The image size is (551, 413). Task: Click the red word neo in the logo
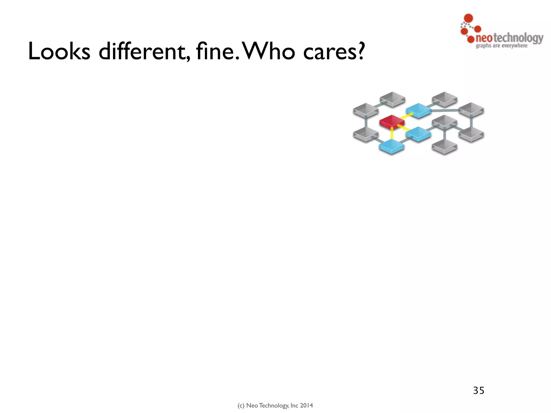[484, 38]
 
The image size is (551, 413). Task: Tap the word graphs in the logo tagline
[483, 46]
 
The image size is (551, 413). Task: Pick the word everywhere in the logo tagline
[514, 46]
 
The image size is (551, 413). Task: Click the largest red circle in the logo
[469, 18]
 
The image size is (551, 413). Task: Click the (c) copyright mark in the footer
[241, 405]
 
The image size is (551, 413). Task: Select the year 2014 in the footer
[306, 405]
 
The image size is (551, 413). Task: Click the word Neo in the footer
[252, 405]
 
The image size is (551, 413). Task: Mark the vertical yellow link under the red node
[392, 133]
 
